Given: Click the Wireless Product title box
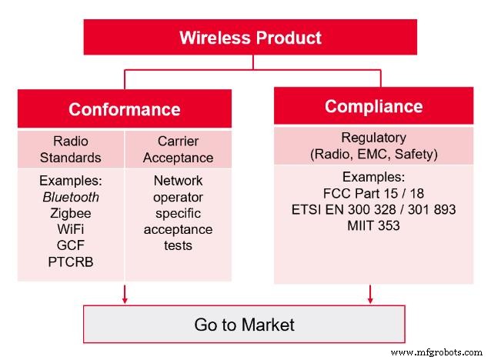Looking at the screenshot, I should click(x=250, y=37).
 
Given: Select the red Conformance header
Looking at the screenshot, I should click(x=124, y=108).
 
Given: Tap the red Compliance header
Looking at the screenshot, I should click(x=373, y=106).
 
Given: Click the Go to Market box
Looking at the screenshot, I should click(x=244, y=325).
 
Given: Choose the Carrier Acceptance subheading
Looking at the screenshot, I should click(x=178, y=149).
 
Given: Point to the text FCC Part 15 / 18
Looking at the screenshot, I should click(x=373, y=193).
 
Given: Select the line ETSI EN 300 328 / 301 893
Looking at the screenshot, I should click(x=373, y=209).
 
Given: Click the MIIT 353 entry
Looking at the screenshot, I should click(x=373, y=225).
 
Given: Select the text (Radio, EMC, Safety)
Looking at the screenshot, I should click(x=373, y=154).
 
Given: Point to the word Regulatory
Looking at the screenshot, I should click(x=373, y=138).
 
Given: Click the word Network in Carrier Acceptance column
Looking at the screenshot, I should click(x=178, y=181).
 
